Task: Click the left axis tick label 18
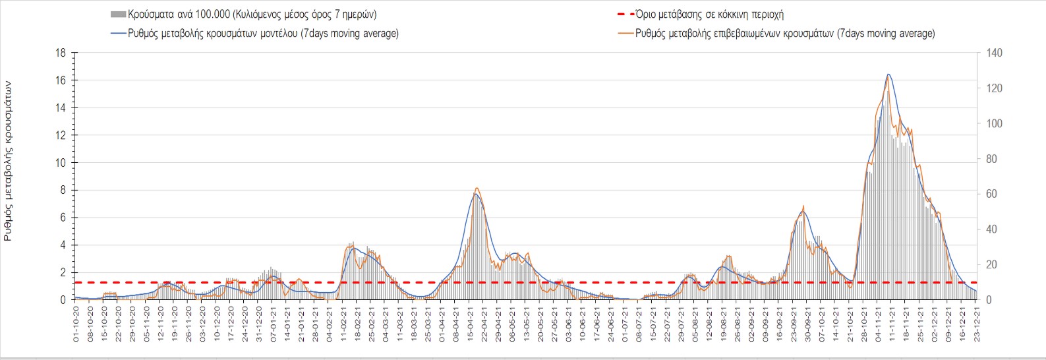(x=61, y=53)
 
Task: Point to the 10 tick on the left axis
(x=61, y=163)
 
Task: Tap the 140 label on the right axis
(x=994, y=53)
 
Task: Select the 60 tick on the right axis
(x=991, y=194)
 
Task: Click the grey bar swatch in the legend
(x=118, y=15)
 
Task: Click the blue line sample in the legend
(x=118, y=34)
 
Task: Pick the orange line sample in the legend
(x=625, y=34)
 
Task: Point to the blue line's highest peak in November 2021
(x=888, y=75)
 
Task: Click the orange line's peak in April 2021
(x=477, y=189)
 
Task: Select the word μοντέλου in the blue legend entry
(x=276, y=34)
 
